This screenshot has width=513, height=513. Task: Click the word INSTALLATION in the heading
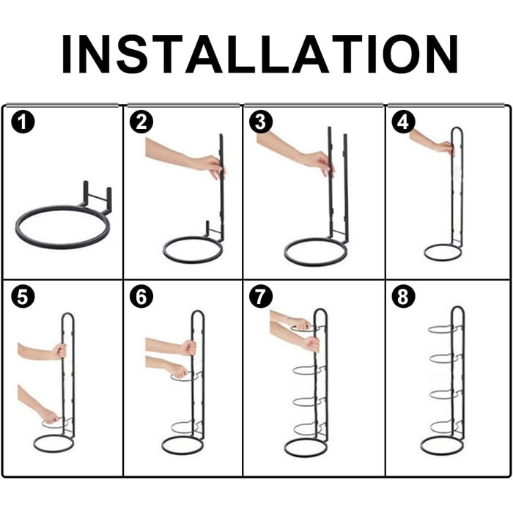coord(259,54)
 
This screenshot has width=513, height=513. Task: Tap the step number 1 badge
coord(23,122)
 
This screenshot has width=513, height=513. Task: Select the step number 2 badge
coord(141,122)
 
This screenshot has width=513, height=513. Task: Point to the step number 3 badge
coord(260,122)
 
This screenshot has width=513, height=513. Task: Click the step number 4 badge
coord(403,122)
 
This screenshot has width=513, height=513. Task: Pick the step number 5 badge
coord(23,297)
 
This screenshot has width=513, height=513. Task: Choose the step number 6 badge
coord(141,297)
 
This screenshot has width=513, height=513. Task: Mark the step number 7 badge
coord(260,297)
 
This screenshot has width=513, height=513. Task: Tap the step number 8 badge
coord(403,297)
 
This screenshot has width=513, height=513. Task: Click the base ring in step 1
coord(61,247)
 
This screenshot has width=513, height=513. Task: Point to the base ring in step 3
coord(315,265)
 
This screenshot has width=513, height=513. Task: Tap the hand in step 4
coord(446,147)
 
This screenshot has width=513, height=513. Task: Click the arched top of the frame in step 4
coord(457,128)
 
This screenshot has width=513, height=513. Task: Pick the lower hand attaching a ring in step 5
coord(50,416)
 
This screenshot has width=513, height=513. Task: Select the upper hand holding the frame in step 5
coord(59,351)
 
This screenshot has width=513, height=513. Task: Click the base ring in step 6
coord(182,453)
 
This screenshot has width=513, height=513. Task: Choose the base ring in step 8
coord(442,453)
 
